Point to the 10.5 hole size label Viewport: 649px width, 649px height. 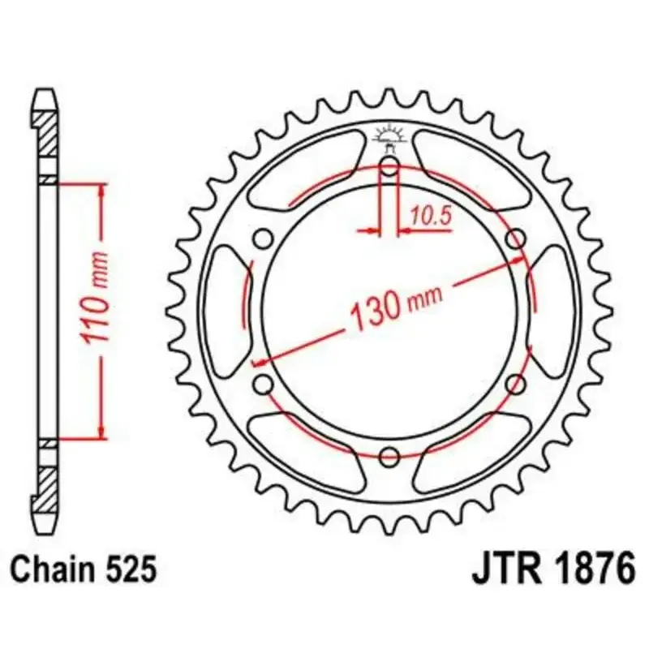click(430, 215)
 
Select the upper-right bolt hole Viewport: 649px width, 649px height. click(514, 239)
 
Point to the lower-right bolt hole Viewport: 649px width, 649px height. click(514, 384)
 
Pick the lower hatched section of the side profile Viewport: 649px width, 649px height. click(48, 485)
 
